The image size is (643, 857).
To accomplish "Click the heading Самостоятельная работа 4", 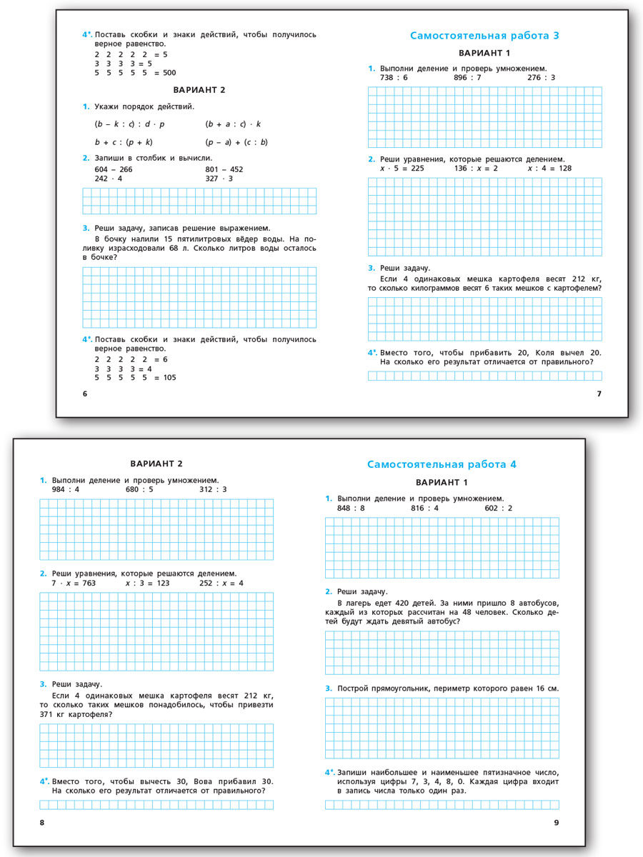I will [442, 464].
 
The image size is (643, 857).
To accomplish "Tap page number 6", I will [84, 394].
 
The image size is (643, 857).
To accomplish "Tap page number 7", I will [599, 394].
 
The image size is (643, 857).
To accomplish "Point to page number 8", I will [42, 823].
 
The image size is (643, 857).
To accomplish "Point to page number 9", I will [557, 823].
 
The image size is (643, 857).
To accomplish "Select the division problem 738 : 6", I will [394, 78].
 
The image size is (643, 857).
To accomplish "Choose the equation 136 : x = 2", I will [476, 169].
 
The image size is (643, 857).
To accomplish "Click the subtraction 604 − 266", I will [113, 169].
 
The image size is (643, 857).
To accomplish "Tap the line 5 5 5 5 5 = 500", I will [135, 72].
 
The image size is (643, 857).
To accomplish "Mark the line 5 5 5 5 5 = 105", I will [135, 378].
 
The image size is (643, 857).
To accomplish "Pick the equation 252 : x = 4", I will [221, 583].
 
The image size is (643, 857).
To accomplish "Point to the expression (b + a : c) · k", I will [233, 124].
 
